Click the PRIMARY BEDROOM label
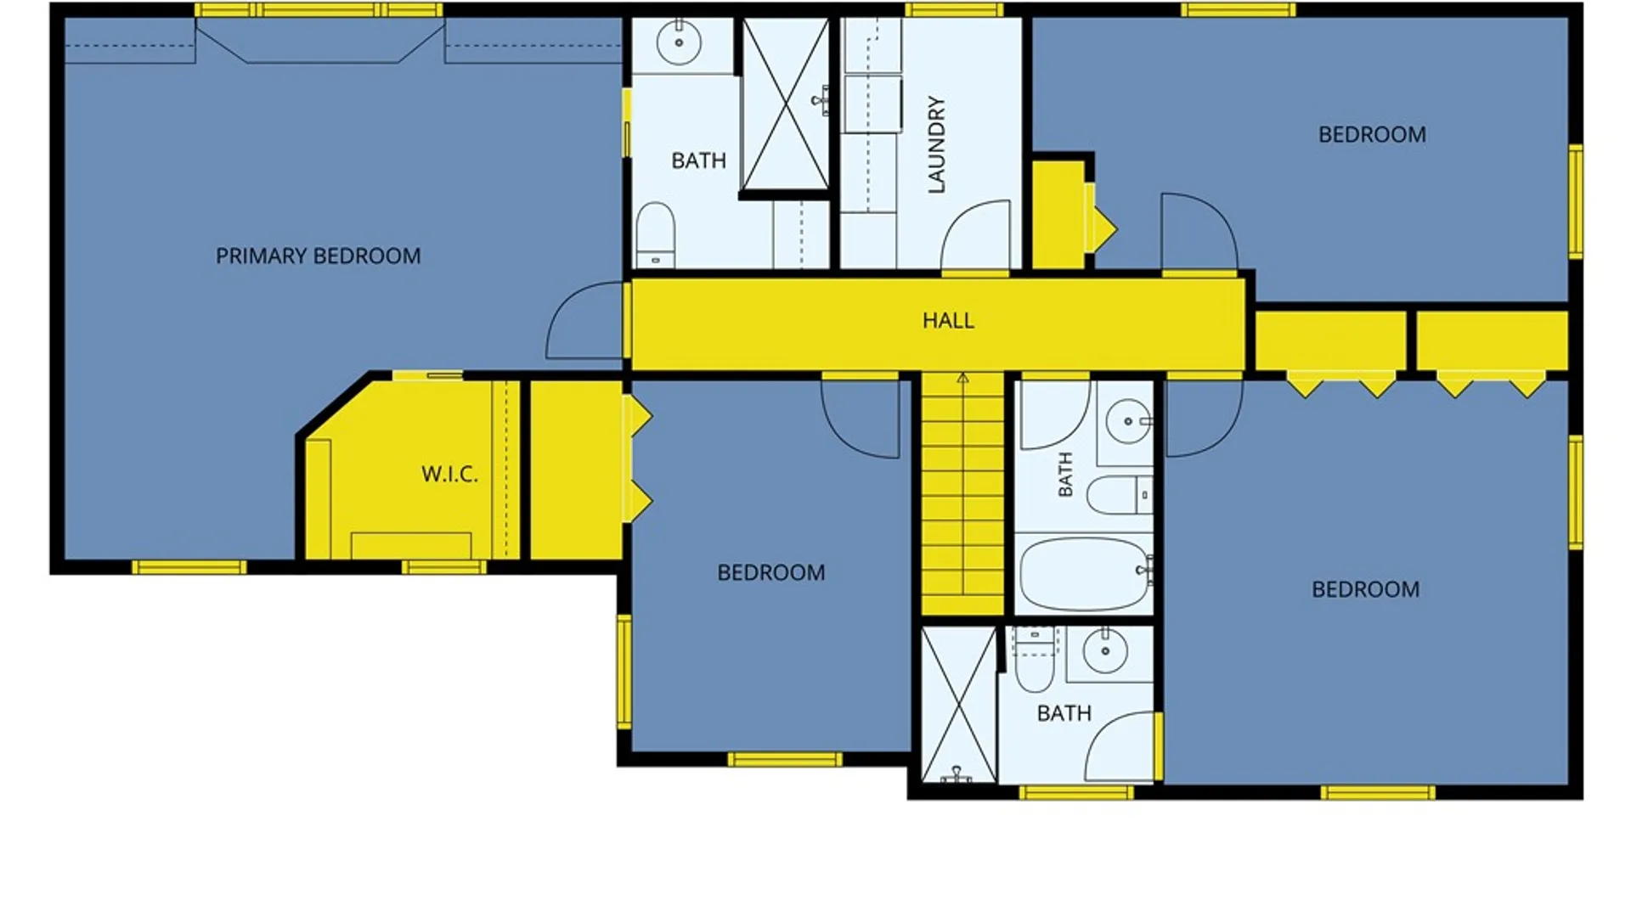[318, 256]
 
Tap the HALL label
[948, 321]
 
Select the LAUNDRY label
[936, 144]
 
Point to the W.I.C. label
[449, 474]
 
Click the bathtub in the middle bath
[1085, 572]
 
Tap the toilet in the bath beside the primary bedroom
[655, 235]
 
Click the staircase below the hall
[962, 493]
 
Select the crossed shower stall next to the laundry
[786, 104]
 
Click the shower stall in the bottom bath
[959, 705]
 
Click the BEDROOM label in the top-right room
[1372, 135]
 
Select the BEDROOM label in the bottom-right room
[1365, 590]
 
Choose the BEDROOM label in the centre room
[771, 573]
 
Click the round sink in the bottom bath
[1105, 651]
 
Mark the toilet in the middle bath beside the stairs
[1120, 495]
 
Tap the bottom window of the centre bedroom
[785, 759]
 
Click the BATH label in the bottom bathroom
[1064, 714]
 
